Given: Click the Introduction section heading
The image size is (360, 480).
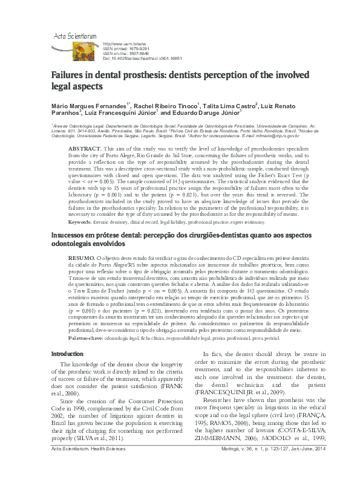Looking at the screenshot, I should coord(67,370).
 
